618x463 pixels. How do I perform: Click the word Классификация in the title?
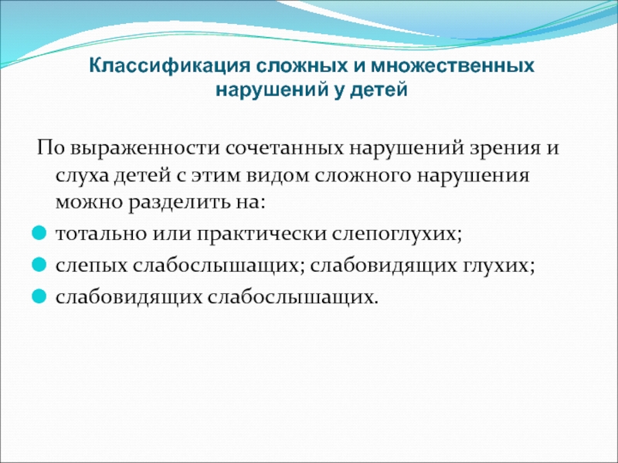[x=170, y=66]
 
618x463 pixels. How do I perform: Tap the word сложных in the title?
[x=302, y=65]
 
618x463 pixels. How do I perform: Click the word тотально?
[x=101, y=234]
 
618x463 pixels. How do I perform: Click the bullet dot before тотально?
[x=39, y=233]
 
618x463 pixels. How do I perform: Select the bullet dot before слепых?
[x=39, y=265]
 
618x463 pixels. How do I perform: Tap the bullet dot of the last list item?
[x=39, y=296]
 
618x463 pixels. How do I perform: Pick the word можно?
[x=89, y=203]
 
